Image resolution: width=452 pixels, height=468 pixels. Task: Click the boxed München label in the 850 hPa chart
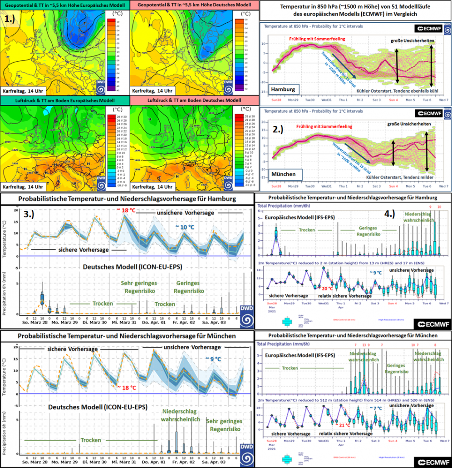point(283,174)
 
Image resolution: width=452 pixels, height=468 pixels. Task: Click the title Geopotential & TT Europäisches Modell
point(65,5)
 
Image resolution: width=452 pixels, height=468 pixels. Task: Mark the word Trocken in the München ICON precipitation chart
point(90,440)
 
